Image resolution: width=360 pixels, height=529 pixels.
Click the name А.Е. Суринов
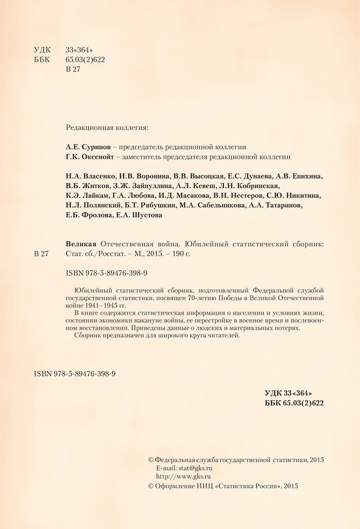(88, 146)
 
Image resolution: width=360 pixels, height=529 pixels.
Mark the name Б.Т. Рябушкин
(151, 206)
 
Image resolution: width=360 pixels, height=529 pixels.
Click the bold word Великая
(82, 244)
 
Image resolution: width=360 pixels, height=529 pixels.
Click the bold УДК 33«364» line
(289, 393)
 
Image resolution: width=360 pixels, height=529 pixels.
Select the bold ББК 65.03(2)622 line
(294, 403)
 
